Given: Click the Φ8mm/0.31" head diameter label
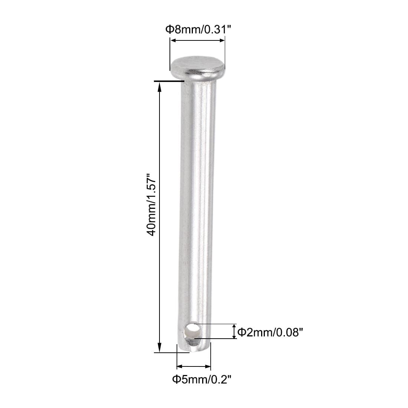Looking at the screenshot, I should point(198,29).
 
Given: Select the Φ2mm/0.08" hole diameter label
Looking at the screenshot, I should point(268,333).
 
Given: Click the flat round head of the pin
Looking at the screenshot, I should point(198,67).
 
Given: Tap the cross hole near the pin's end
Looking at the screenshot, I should point(193,330).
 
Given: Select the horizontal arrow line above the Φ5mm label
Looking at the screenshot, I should point(194,366).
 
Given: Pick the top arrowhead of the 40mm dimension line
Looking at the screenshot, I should point(159,86).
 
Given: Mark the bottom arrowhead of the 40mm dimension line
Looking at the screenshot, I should point(159,347).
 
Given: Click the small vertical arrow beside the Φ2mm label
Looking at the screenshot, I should point(234,331).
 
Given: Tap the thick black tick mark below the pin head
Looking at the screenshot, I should point(169,80).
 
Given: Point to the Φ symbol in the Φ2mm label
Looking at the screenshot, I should point(241,333).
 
